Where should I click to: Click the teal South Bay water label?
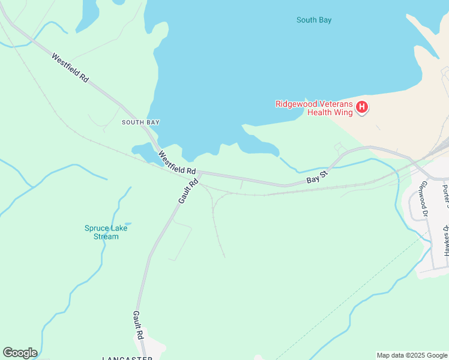314,20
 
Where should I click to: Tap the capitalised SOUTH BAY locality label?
140,122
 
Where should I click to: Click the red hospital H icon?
362,107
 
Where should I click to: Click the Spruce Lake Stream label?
101,232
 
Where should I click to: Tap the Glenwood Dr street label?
425,199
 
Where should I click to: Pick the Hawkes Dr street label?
446,241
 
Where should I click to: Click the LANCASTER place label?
127,358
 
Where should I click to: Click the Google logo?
20,353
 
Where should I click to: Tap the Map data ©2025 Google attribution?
412,355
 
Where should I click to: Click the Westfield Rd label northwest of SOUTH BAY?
70,68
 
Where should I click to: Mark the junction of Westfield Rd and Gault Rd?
197,173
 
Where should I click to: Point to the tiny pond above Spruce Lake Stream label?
127,224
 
